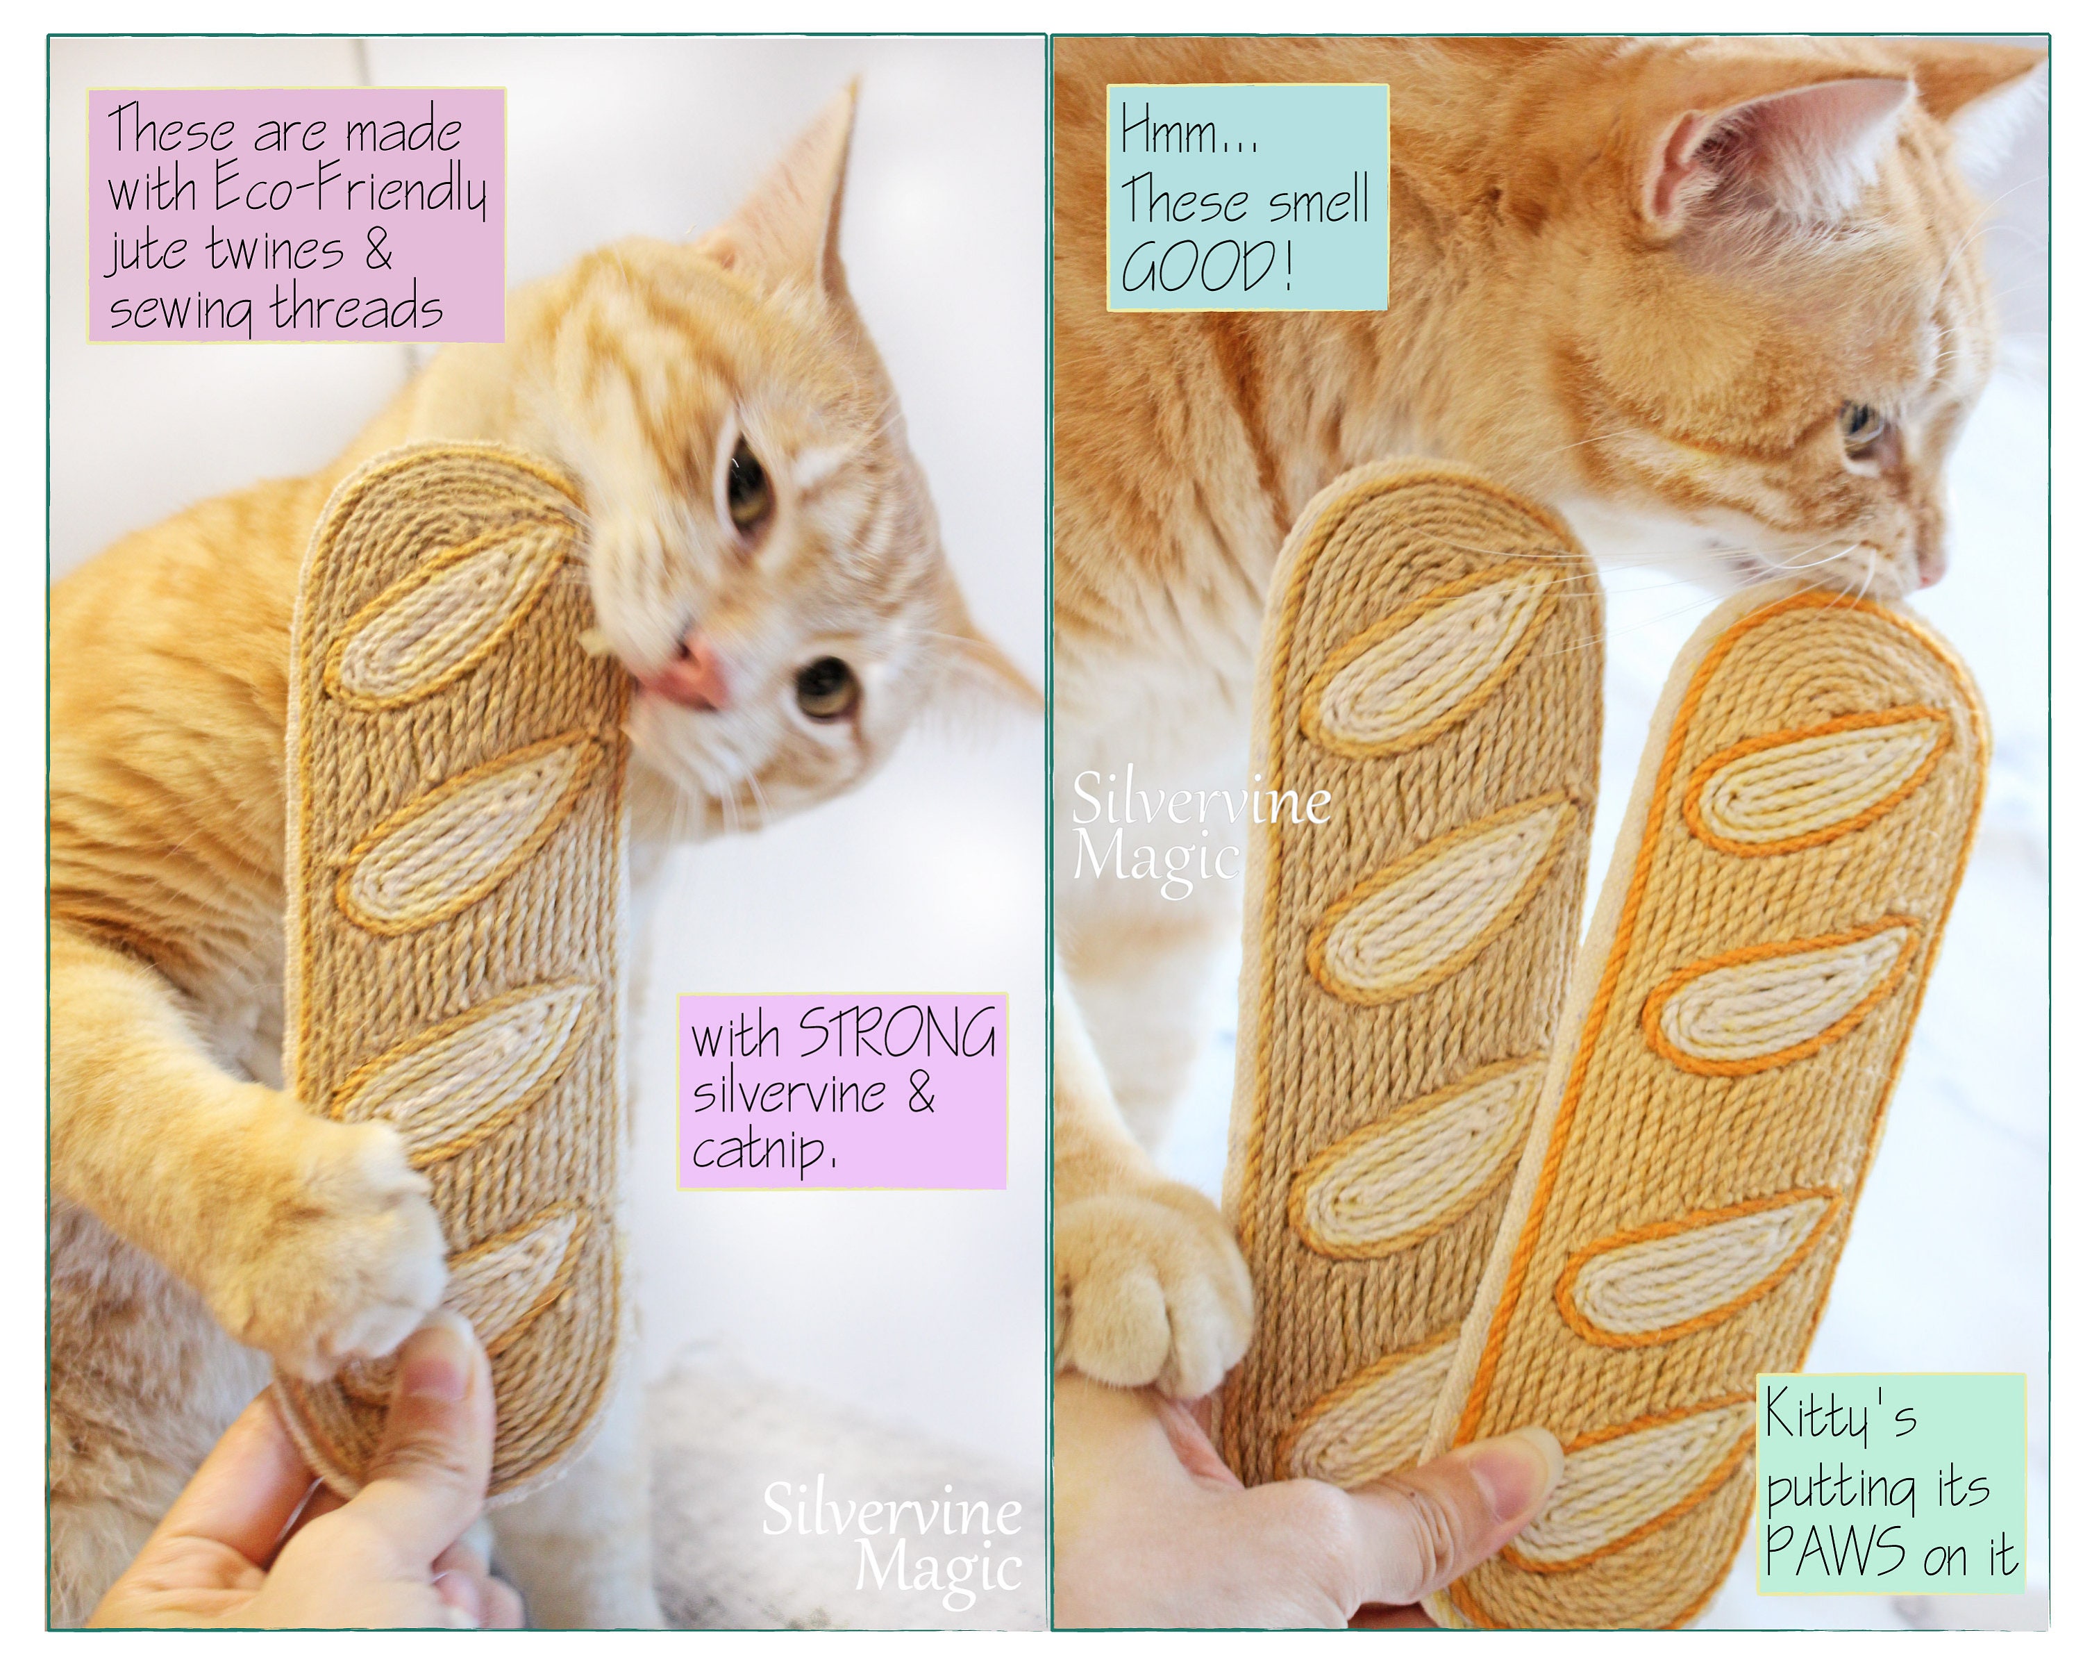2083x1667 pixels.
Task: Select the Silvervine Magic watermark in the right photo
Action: coord(1198,831)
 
